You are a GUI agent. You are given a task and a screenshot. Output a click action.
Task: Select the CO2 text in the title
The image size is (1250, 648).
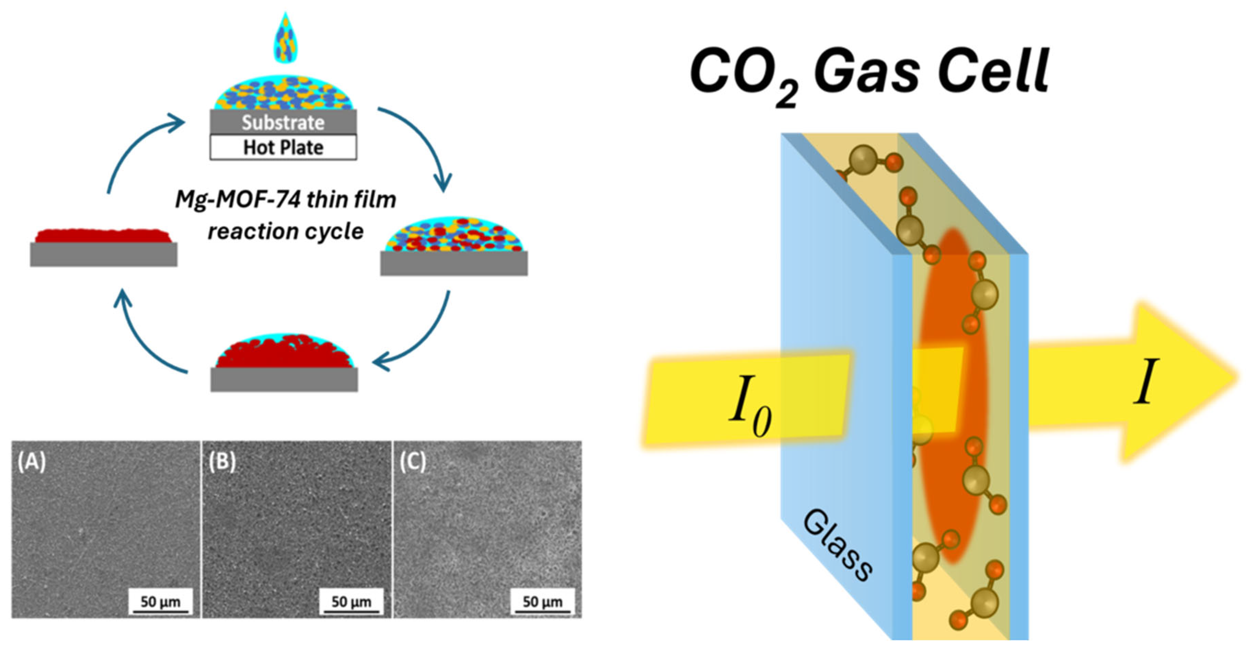coord(745,75)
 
